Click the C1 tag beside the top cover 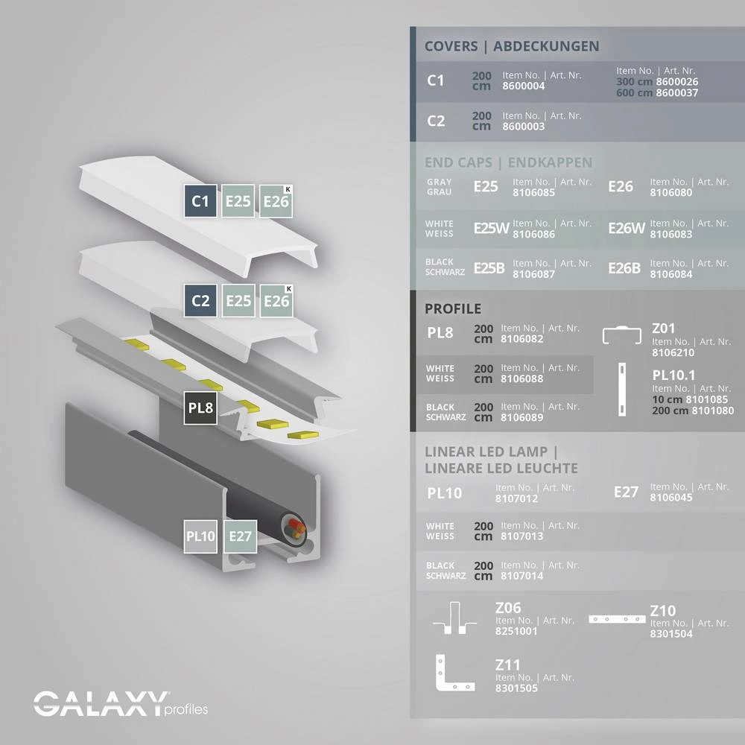coord(200,201)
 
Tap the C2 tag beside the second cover coord(200,301)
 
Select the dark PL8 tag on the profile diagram coord(200,408)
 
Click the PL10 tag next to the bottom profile coord(200,536)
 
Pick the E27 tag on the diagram coord(241,536)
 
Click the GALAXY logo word coord(100,703)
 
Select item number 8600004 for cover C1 coord(524,86)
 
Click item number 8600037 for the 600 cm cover coord(677,93)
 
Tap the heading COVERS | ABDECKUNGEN coord(512,46)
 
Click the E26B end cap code coord(624,268)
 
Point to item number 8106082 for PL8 coord(522,339)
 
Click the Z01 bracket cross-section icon coord(621,337)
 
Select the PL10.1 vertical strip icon coord(621,390)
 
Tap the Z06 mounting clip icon coord(455,618)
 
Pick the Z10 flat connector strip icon coord(615,618)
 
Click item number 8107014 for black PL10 coord(522,576)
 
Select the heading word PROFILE coord(453,309)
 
